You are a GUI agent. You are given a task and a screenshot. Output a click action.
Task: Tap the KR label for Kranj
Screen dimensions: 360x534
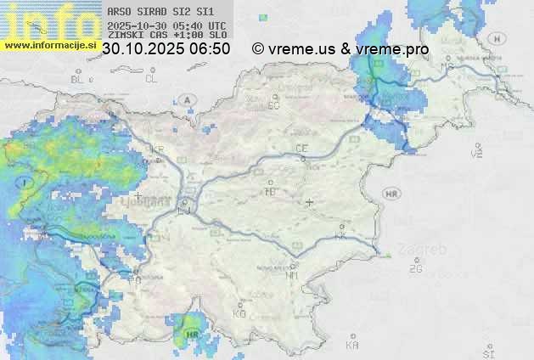(x=157, y=149)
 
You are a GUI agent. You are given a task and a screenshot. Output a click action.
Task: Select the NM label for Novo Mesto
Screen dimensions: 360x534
(x=293, y=275)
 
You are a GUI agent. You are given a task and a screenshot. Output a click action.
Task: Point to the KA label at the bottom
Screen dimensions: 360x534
(x=352, y=346)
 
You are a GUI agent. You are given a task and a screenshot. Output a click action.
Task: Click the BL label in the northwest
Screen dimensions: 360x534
(x=78, y=79)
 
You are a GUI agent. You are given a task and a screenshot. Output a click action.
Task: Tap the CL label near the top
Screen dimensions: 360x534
(x=151, y=79)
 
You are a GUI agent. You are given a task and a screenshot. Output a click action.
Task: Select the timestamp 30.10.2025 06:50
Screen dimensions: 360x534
(x=166, y=49)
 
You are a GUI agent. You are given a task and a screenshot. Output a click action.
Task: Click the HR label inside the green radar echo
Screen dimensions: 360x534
(x=192, y=334)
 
